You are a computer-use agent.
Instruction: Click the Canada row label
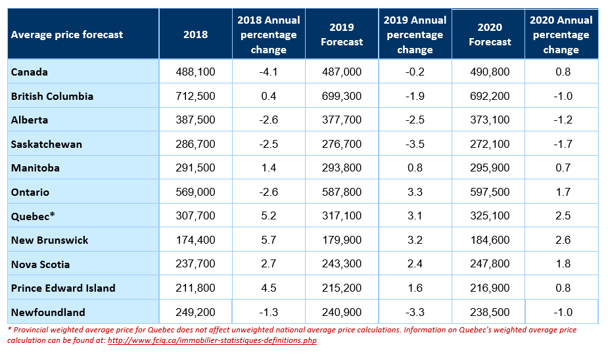[30, 72]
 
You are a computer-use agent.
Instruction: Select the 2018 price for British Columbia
[195, 96]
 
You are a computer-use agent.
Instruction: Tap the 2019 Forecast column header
[342, 34]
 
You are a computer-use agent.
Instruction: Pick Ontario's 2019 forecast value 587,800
[342, 192]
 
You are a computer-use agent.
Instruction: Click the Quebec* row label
[33, 216]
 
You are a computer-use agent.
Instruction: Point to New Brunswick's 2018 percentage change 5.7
[269, 240]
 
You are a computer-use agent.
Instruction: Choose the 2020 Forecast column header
[490, 34]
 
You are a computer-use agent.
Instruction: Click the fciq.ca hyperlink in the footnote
[212, 341]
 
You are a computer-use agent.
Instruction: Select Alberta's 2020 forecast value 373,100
[490, 120]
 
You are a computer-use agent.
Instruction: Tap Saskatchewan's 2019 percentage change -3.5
[415, 144]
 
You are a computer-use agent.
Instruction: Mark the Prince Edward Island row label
[63, 288]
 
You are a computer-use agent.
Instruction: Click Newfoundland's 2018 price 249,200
[195, 312]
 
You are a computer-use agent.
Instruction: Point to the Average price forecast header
[67, 35]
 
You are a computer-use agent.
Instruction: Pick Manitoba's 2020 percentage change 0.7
[563, 168]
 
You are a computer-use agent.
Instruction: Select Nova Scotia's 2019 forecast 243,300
[342, 264]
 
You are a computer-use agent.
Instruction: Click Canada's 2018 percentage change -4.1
[269, 72]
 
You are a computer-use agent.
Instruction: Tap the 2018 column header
[195, 34]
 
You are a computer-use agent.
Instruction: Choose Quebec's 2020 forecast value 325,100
[490, 216]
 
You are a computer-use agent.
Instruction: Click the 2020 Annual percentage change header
[561, 35]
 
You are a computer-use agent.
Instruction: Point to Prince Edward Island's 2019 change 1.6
[415, 288]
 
